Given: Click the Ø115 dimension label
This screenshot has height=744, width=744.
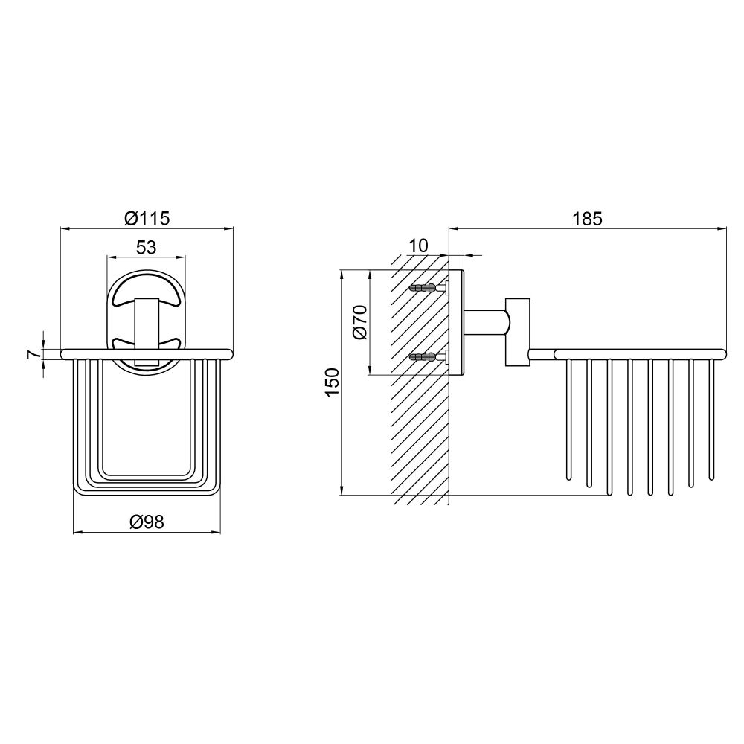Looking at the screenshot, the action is click(147, 218).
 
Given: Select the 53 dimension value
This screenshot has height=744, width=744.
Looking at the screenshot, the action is click(146, 247).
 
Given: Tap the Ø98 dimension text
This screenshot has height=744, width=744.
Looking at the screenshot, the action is click(147, 522).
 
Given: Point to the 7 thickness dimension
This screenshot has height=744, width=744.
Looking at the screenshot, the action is click(32, 354).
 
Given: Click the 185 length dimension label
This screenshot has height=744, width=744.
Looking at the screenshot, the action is click(588, 219).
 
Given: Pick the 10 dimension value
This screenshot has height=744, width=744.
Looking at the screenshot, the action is click(418, 246).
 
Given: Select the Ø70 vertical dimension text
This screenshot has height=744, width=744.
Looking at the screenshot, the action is click(360, 322).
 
